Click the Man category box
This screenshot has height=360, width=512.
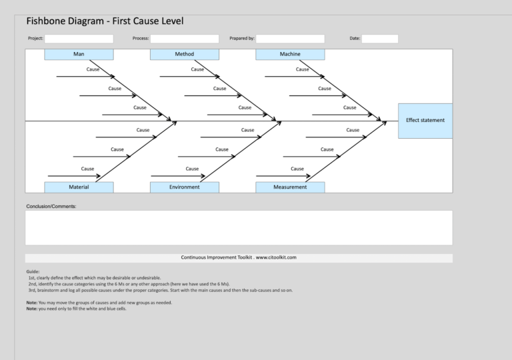tap(79, 54)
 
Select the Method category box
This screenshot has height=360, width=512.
tap(184, 54)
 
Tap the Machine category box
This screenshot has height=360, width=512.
tap(290, 54)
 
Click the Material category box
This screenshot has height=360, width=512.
tap(79, 187)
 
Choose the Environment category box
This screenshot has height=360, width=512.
tap(184, 187)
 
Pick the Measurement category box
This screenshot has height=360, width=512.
tap(290, 187)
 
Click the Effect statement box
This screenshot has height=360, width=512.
tap(425, 121)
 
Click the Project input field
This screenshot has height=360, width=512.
tap(79, 39)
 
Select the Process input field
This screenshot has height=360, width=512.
tap(184, 39)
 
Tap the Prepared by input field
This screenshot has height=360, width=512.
tap(290, 39)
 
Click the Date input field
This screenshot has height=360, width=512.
tap(379, 39)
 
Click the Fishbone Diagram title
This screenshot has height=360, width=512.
tap(105, 21)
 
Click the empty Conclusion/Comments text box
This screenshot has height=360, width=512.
tap(239, 228)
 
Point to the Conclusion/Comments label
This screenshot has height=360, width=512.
tap(51, 207)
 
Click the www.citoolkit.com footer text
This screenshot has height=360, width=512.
tap(239, 257)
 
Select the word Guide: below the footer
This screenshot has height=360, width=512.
tap(33, 272)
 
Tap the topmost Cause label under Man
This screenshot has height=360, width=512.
tap(93, 69)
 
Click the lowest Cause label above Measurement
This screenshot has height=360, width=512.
tap(297, 169)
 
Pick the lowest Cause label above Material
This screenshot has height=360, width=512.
tap(87, 169)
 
